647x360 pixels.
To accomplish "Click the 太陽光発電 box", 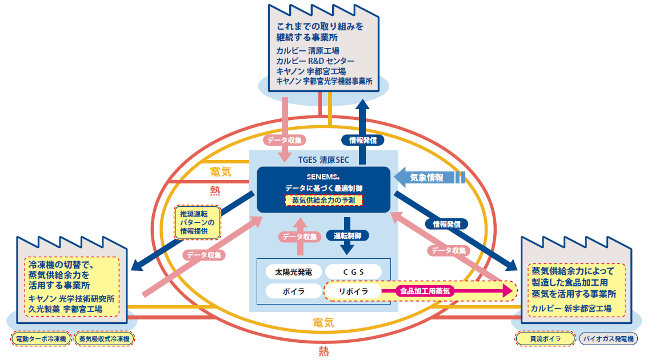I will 294,271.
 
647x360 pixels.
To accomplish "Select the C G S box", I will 354,271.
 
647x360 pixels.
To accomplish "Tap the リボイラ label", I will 352,291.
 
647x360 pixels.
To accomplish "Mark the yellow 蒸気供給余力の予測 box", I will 323,201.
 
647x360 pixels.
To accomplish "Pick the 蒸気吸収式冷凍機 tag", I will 104,339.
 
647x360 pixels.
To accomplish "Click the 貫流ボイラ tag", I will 544,339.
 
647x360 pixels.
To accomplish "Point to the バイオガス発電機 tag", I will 608,339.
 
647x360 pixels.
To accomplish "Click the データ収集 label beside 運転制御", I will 297,235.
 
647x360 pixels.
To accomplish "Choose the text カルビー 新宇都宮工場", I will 571,309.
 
